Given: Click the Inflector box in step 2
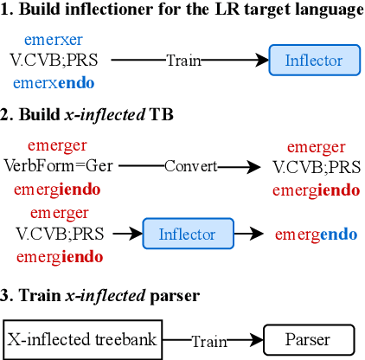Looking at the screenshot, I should pyautogui.click(x=189, y=233).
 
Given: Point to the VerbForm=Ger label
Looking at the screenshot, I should pyautogui.click(x=64, y=166).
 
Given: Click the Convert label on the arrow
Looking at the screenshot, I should pyautogui.click(x=191, y=166).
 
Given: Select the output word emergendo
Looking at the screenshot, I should pyautogui.click(x=316, y=234).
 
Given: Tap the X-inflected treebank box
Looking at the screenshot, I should pyautogui.click(x=83, y=339).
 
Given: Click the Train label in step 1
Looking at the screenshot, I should pyautogui.click(x=183, y=61).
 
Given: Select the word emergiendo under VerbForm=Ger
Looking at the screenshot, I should pyautogui.click(x=64, y=189).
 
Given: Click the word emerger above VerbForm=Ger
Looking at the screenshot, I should pyautogui.click(x=64, y=145).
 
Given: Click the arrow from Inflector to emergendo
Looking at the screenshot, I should pyautogui.click(x=253, y=234).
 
